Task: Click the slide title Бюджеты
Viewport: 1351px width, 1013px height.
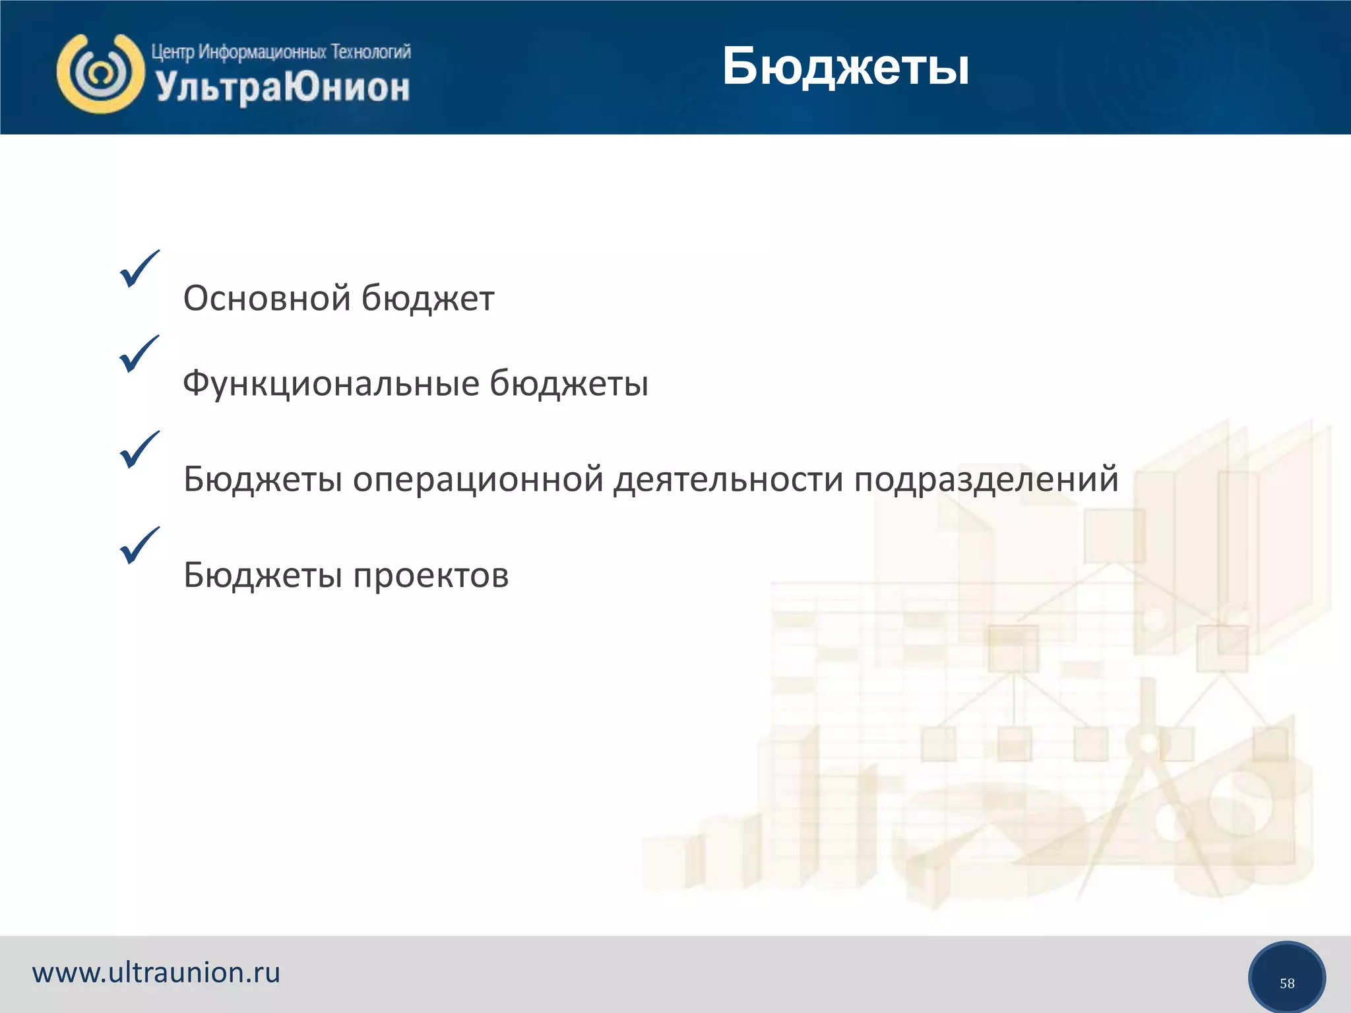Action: coord(846,67)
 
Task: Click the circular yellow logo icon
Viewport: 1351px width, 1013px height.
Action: coord(100,73)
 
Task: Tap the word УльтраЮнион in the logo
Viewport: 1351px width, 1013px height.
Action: coord(283,88)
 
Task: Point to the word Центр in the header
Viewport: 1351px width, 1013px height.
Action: coord(172,51)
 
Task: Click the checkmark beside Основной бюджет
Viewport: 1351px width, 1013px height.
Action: coord(139,269)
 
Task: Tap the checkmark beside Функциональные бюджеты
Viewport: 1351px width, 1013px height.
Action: coord(139,354)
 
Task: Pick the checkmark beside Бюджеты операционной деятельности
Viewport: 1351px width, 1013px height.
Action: coord(139,450)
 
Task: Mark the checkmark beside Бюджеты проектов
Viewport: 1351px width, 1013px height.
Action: coord(139,545)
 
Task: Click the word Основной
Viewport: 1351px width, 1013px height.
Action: coord(267,298)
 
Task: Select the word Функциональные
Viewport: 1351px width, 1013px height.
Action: coord(330,384)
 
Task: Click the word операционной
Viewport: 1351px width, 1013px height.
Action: coord(478,479)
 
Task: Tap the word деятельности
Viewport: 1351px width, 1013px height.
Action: coord(728,479)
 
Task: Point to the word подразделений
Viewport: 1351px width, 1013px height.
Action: coord(986,479)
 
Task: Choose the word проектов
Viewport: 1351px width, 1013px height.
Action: coord(431,576)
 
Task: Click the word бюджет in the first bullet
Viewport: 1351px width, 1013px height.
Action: coord(427,298)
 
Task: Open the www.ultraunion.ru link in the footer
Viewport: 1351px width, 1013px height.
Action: coord(156,973)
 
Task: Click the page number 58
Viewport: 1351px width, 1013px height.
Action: coord(1286,983)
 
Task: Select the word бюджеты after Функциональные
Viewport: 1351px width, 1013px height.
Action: coord(569,384)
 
